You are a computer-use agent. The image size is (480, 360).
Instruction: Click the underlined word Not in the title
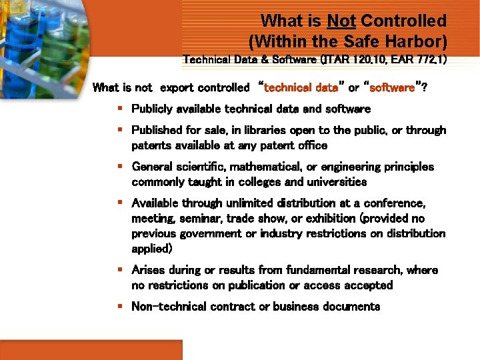[x=341, y=22]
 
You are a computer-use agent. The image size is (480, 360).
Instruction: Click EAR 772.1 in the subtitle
[x=418, y=59]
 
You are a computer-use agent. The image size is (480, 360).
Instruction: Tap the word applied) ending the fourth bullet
[x=152, y=249]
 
